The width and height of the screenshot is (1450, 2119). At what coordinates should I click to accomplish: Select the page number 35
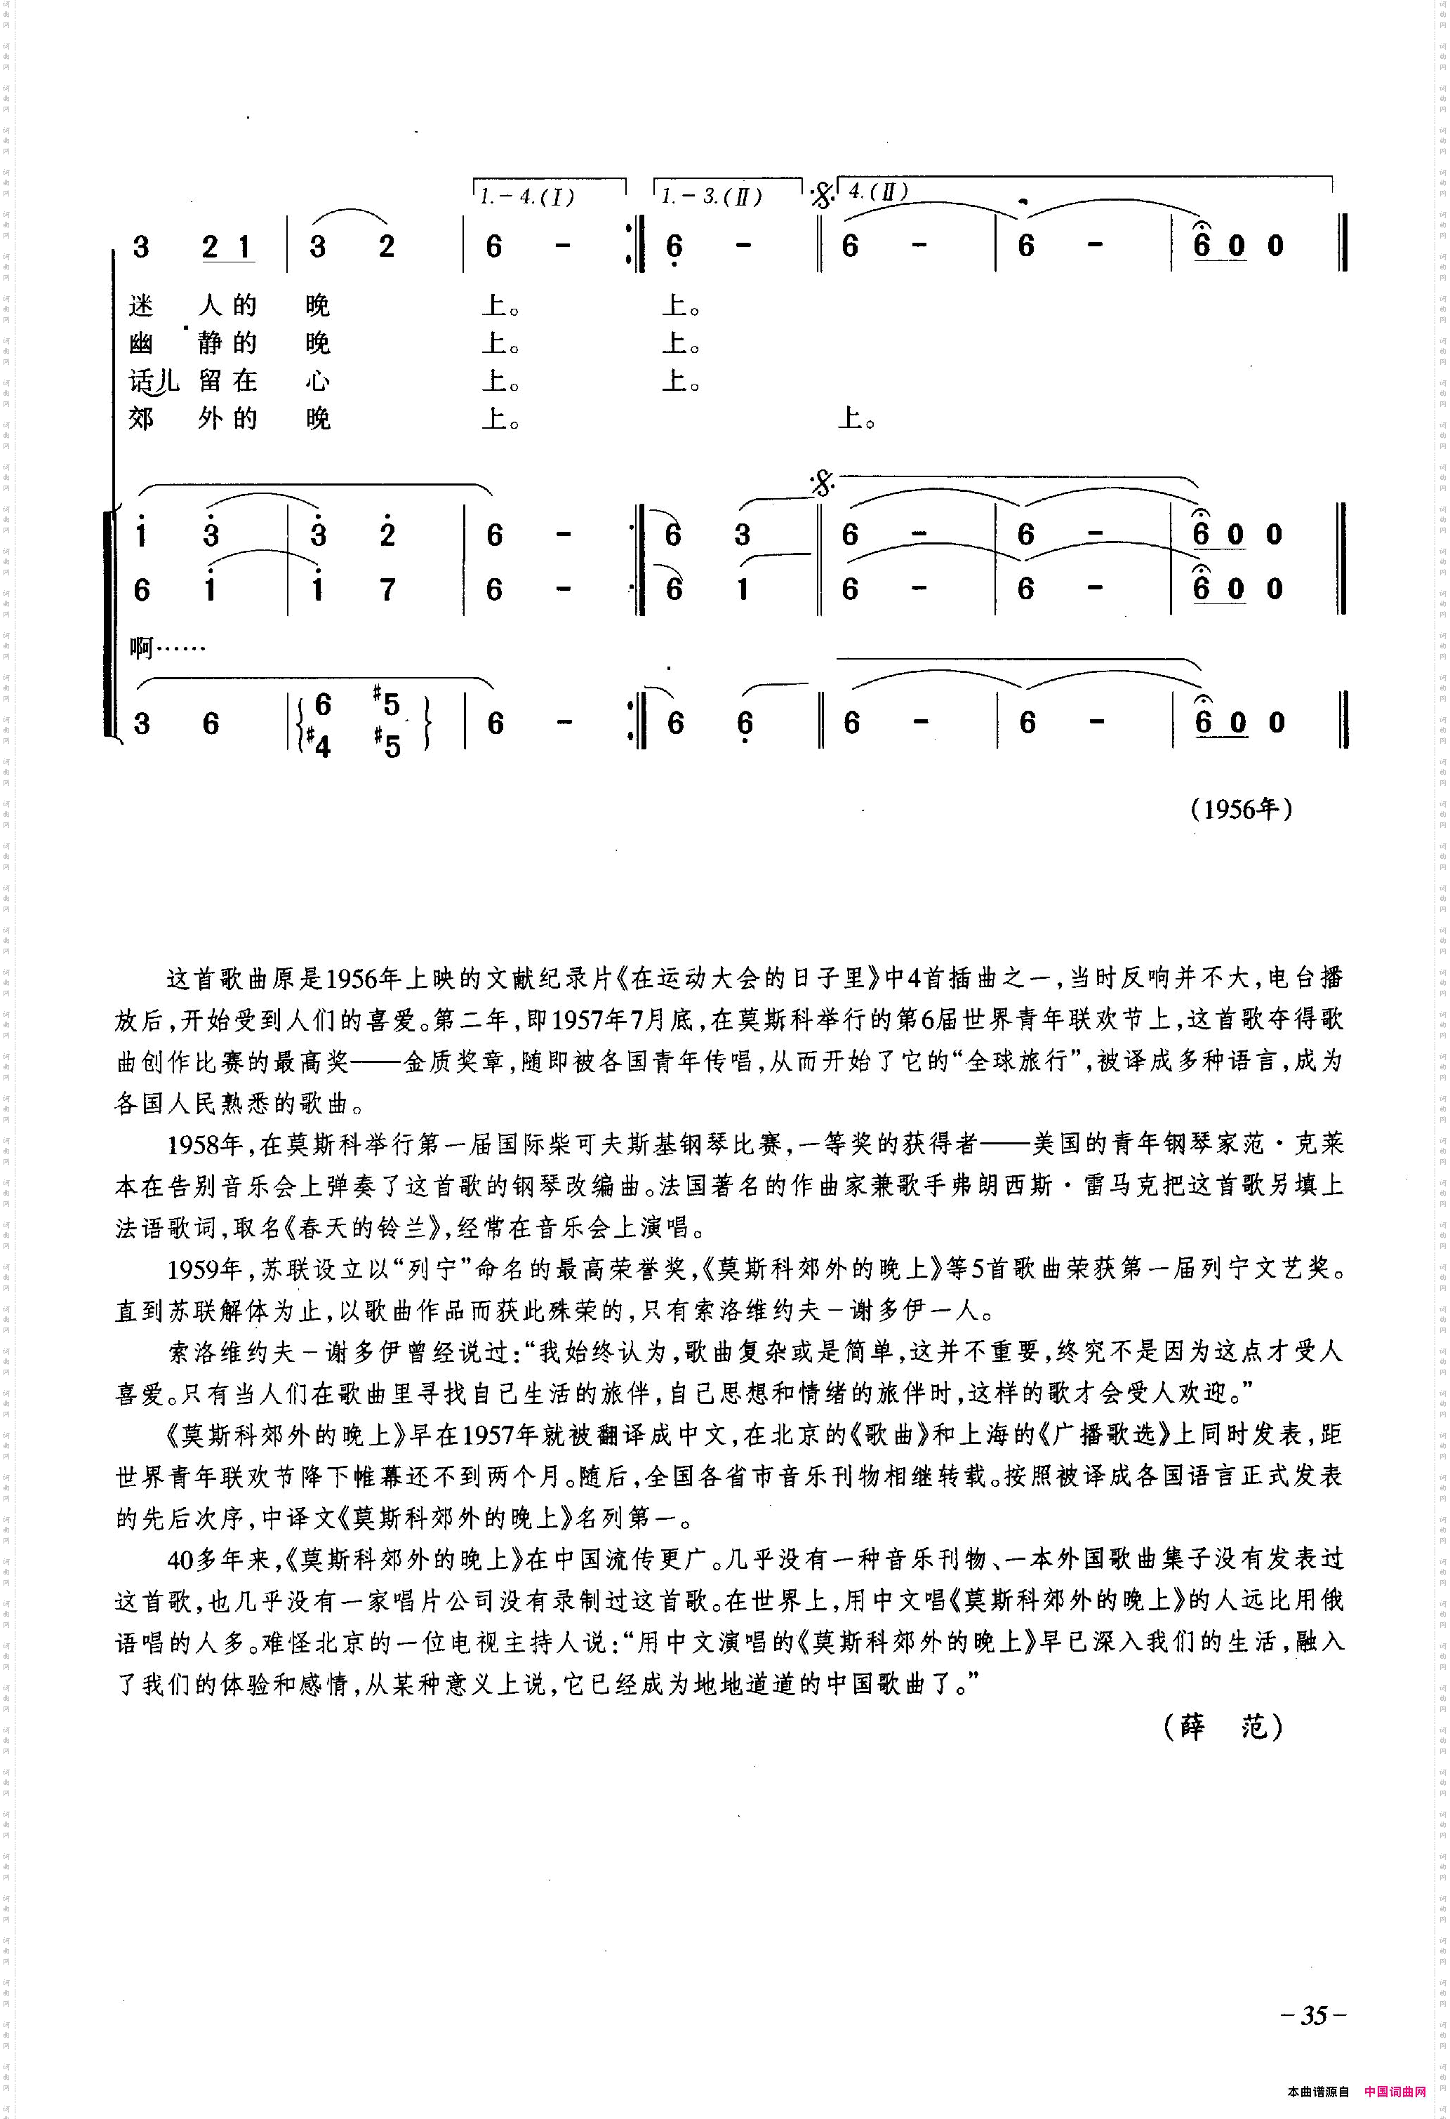pos(1313,2014)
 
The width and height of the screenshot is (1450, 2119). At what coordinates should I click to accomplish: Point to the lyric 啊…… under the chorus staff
pos(168,648)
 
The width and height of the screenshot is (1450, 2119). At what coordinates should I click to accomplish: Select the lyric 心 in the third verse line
pos(317,381)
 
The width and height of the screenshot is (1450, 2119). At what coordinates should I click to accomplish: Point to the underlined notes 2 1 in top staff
pos(227,247)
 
